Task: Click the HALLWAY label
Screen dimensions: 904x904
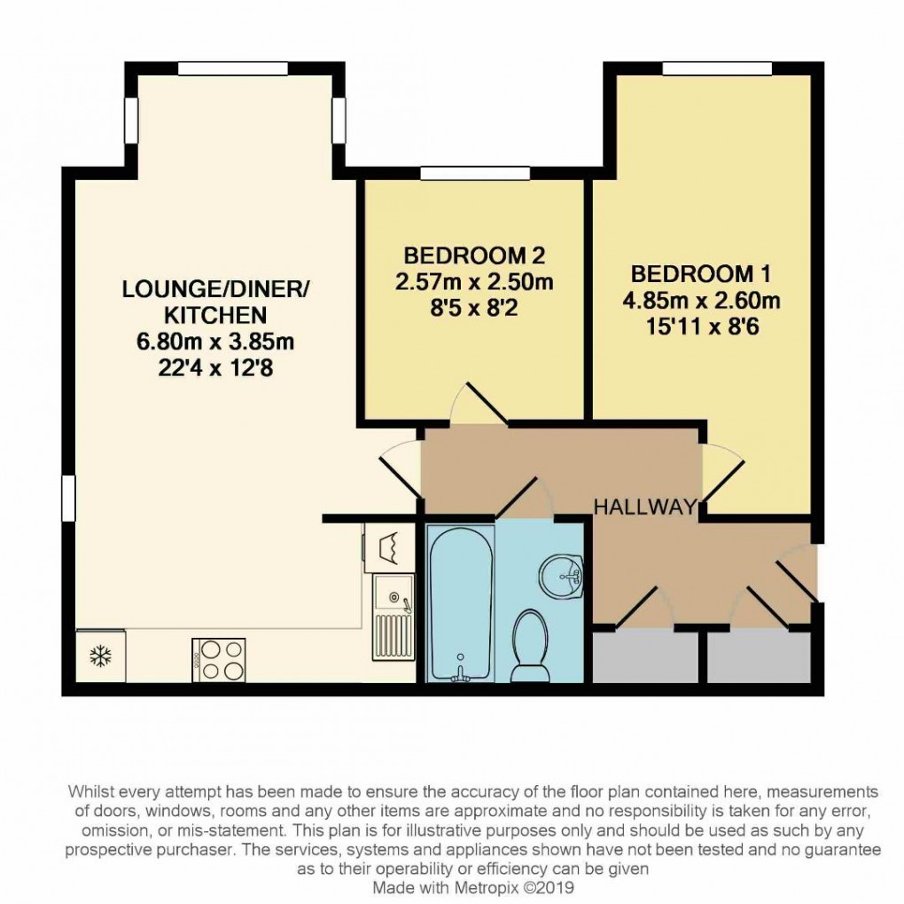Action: pos(643,507)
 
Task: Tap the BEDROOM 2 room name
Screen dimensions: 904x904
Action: pos(473,256)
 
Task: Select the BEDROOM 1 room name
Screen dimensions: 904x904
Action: pos(693,272)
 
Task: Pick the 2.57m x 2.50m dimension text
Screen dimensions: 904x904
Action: pos(474,284)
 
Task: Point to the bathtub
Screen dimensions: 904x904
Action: pos(460,603)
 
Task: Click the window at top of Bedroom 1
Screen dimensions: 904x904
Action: pos(717,68)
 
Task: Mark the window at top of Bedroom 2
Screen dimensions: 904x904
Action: pos(474,174)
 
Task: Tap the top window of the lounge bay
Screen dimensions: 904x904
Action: pos(233,68)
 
